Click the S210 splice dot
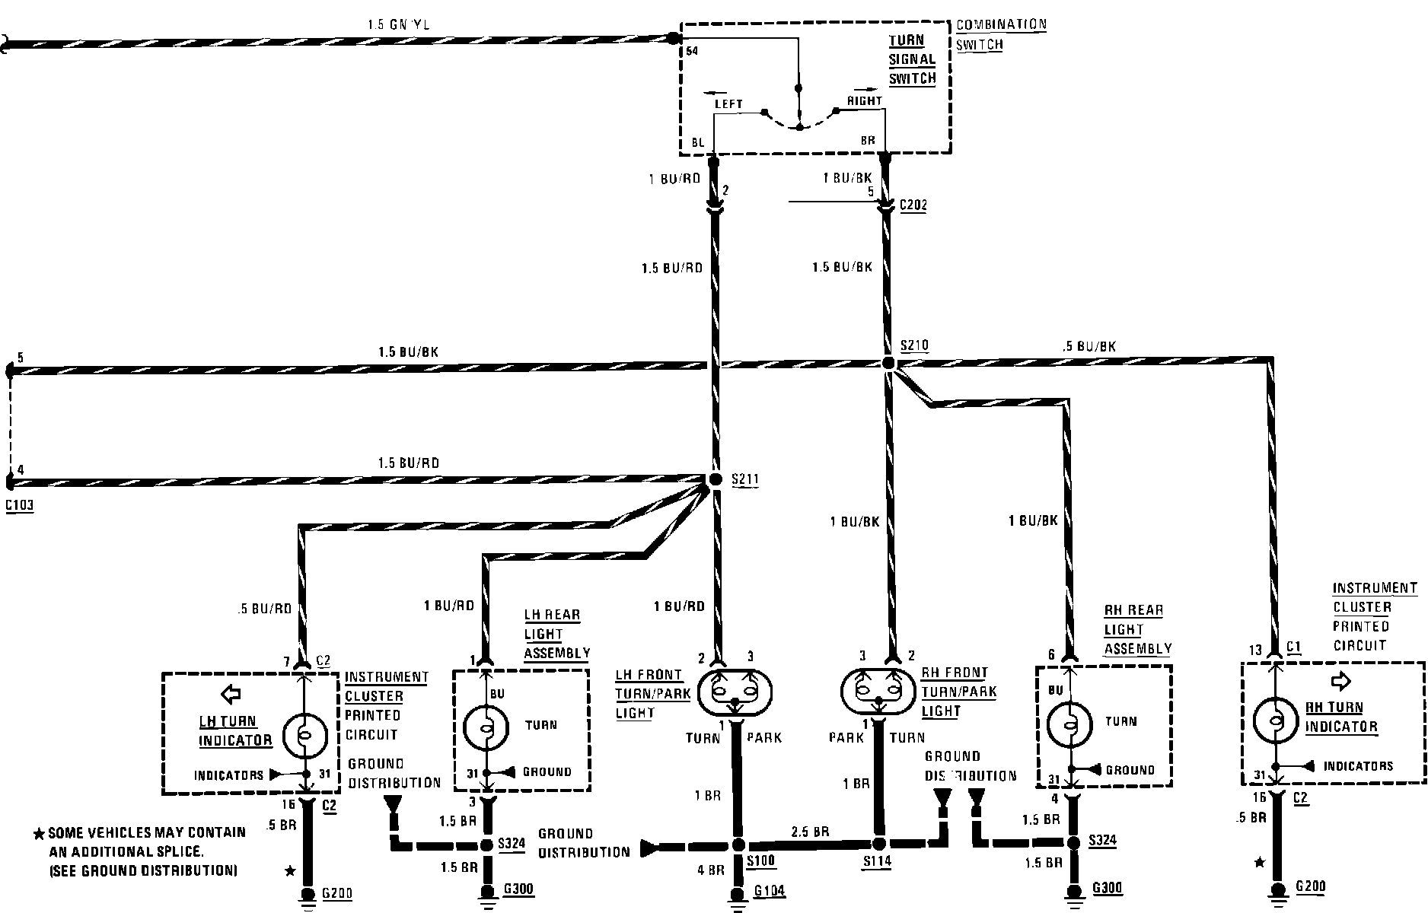[888, 364]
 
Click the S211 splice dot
[715, 479]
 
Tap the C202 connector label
[913, 205]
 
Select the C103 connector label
[20, 505]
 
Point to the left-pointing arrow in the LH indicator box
[230, 693]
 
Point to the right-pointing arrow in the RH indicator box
[1340, 679]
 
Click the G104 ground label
[770, 891]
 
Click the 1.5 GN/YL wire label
[398, 24]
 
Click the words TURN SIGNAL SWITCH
[911, 59]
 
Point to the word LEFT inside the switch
[728, 103]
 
